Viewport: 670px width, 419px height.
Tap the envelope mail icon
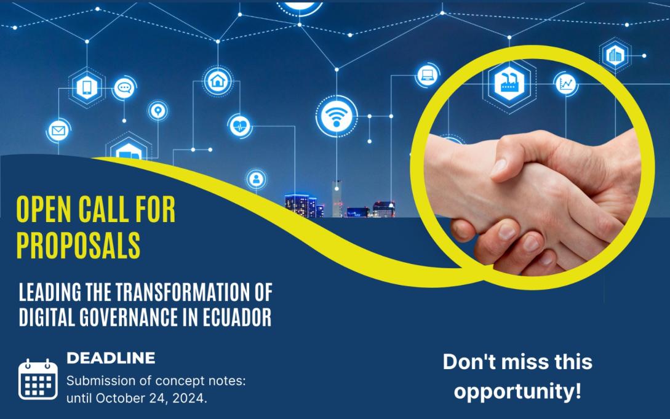pyautogui.click(x=58, y=130)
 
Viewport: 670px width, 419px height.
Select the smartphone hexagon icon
pyautogui.click(x=87, y=87)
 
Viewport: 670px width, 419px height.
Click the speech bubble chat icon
pyautogui.click(x=124, y=88)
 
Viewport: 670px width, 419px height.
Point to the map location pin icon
pyautogui.click(x=158, y=111)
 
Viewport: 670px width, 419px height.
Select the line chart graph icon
pyautogui.click(x=566, y=83)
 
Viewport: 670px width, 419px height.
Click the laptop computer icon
pyautogui.click(x=427, y=76)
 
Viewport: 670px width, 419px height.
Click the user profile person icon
pyautogui.click(x=256, y=179)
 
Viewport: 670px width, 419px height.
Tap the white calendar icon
pyautogui.click(x=38, y=380)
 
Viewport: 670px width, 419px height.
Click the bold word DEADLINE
pyautogui.click(x=110, y=357)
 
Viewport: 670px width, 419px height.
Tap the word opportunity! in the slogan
pyautogui.click(x=517, y=391)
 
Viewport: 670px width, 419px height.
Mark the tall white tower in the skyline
pyautogui.click(x=337, y=198)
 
